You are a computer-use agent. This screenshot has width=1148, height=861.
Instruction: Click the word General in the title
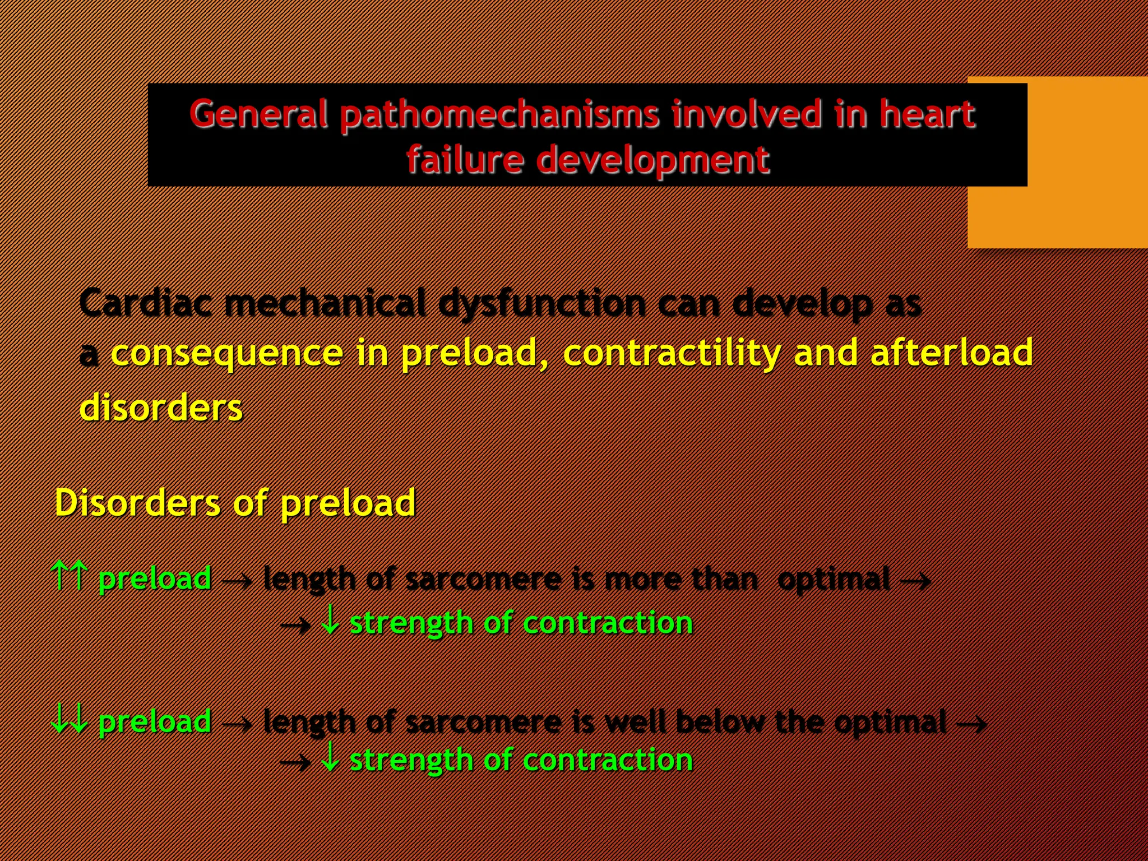click(x=258, y=114)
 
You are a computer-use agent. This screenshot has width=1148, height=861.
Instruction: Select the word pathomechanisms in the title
click(x=500, y=115)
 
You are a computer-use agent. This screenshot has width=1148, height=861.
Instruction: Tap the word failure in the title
click(x=465, y=160)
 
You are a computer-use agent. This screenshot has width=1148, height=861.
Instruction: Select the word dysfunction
click(x=542, y=304)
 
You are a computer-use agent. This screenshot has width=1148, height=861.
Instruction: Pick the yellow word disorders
click(x=161, y=408)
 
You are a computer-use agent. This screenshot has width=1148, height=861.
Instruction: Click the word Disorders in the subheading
click(x=137, y=503)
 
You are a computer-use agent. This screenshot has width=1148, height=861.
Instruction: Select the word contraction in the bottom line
click(x=608, y=761)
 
